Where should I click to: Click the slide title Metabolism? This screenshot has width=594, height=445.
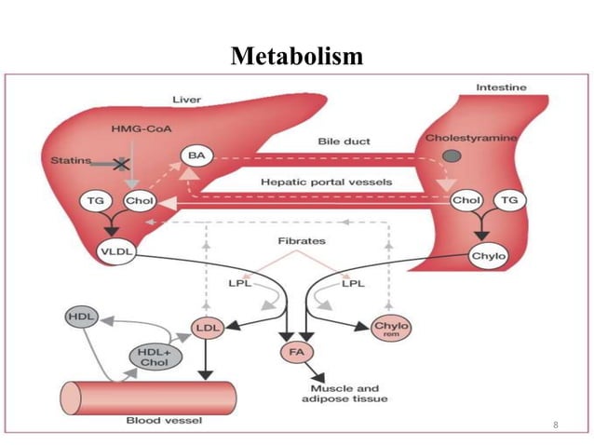coord(297,57)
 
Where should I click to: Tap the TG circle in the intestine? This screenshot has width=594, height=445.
coord(509,200)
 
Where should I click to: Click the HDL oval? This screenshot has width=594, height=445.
coord(78,317)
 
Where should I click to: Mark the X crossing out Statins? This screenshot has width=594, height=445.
coord(119,163)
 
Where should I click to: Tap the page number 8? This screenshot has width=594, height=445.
coord(555,425)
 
